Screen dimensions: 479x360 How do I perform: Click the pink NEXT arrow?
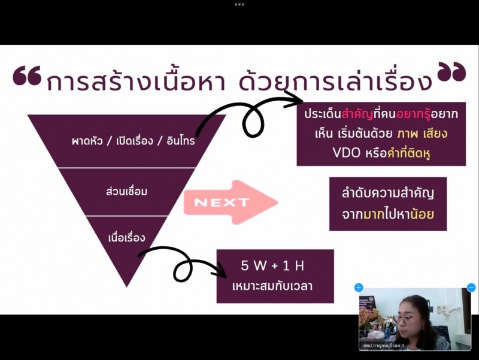[231, 202]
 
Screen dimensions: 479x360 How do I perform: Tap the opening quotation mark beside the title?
[27, 75]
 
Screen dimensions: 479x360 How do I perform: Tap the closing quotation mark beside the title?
[451, 71]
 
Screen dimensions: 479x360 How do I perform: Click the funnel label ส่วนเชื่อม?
[126, 191]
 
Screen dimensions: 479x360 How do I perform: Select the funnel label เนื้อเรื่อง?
[126, 237]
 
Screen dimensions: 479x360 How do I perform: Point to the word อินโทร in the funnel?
[181, 140]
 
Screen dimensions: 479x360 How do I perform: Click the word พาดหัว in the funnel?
[87, 140]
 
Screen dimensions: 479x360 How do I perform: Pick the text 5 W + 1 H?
[272, 265]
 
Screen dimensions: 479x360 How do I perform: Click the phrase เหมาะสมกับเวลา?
[272, 286]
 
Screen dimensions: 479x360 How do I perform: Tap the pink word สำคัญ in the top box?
[357, 114]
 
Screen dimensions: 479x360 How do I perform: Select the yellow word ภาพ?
[407, 134]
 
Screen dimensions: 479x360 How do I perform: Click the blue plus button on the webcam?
[359, 288]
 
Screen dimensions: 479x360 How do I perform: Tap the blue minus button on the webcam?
[471, 288]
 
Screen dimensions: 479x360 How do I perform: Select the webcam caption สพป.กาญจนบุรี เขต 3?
[383, 346]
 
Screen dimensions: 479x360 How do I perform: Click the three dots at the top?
[239, 5]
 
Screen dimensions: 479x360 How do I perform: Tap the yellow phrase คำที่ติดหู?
[409, 153]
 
